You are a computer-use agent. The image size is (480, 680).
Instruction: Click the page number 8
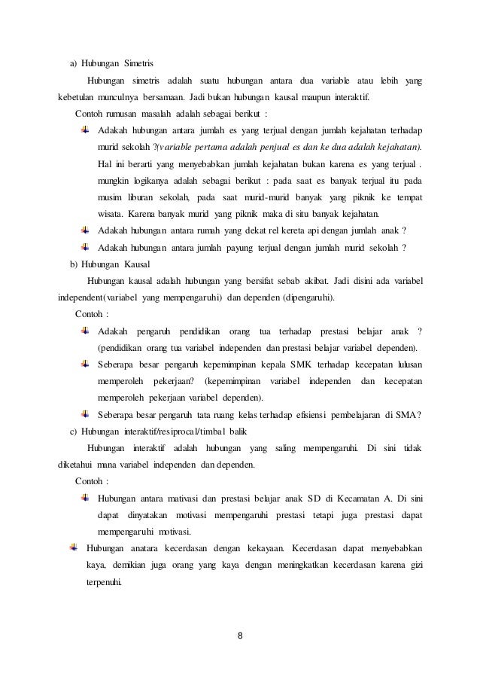pos(240,641)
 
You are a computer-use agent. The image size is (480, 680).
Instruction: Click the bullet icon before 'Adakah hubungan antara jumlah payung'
pos(84,248)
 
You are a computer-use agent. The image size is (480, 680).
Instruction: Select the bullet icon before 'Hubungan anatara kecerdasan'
pos(73,547)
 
